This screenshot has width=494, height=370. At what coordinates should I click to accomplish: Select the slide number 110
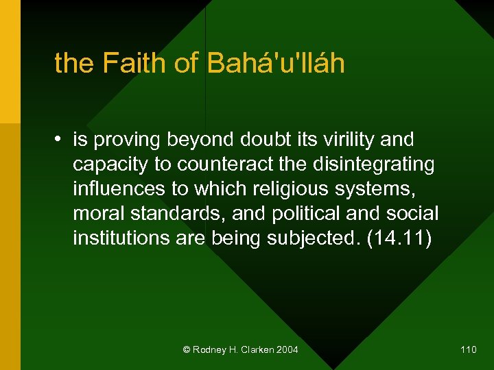(x=469, y=350)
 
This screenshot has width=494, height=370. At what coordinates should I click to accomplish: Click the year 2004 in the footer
(x=287, y=350)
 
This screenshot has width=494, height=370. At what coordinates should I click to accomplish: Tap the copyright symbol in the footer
(x=187, y=350)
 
